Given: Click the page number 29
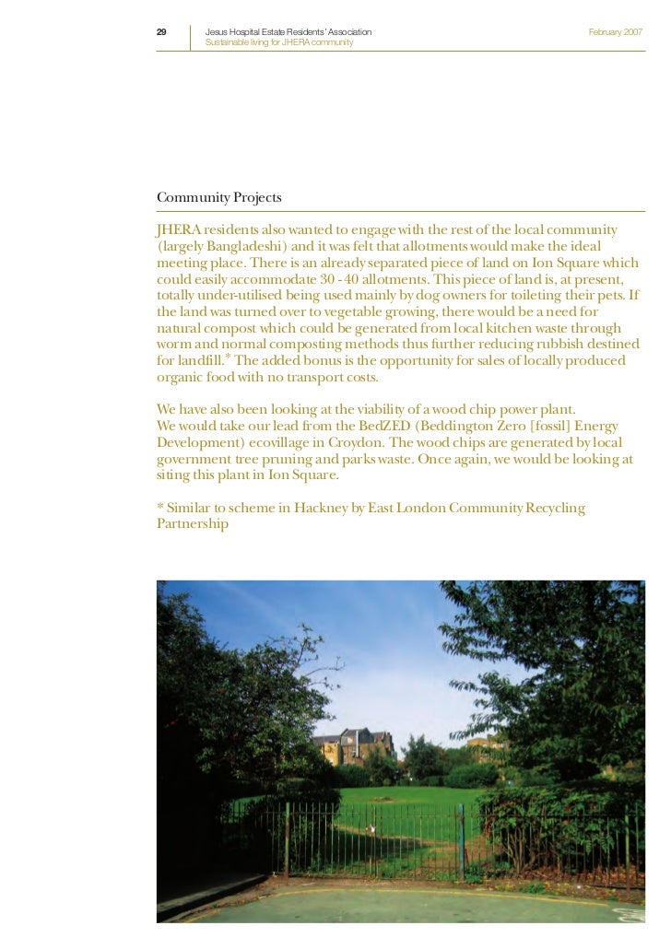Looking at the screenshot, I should coord(161,32).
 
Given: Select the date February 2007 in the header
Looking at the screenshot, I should coord(615,32).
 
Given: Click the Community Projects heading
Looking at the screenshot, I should coord(219,198).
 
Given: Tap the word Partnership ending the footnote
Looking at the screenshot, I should coord(193,524).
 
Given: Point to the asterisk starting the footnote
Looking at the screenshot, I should coord(159,507).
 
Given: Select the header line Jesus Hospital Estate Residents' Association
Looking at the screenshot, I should coord(288,32).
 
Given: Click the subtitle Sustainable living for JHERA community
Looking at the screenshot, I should coord(278,43).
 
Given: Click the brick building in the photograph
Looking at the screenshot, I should coord(355,745).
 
